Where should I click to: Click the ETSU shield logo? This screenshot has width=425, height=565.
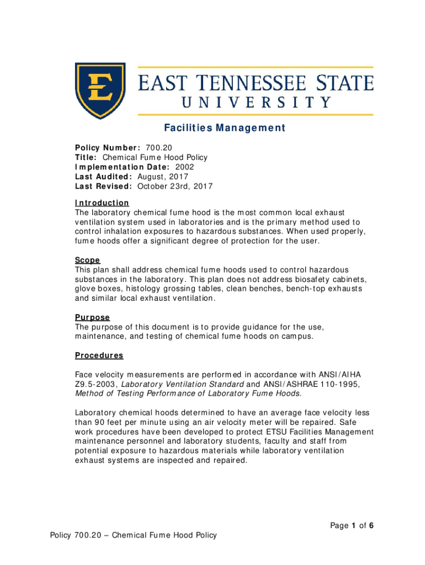coord(100,90)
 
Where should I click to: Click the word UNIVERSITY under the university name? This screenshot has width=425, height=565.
coord(257,102)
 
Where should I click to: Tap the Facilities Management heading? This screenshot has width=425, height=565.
coord(225,129)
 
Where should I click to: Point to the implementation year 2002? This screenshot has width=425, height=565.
coord(184,167)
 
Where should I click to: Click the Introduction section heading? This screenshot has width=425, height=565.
coord(102,202)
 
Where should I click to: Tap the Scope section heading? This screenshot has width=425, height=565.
coord(87,260)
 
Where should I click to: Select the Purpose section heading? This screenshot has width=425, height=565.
coord(92,317)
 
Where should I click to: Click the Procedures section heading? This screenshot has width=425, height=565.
coord(99,355)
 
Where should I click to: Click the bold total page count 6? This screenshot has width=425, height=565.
coord(373,525)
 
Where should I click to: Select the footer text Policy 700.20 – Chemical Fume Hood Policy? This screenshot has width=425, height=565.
coord(133,535)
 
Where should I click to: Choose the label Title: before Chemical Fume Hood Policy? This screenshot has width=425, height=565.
coord(86,157)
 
